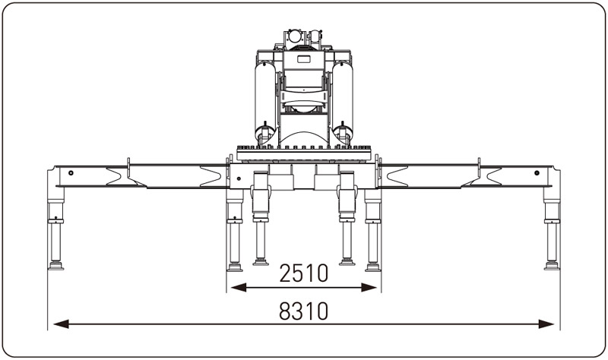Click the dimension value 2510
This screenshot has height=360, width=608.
click(303, 273)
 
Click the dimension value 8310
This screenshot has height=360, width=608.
click(303, 311)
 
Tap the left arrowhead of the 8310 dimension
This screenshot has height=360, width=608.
click(61, 324)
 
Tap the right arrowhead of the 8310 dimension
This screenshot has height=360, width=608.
click(546, 324)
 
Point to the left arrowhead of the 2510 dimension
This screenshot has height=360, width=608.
click(239, 287)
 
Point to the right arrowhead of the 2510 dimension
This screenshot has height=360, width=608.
click(369, 287)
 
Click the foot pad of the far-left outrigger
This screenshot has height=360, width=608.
click(55, 266)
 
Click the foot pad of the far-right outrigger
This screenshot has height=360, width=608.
click(552, 266)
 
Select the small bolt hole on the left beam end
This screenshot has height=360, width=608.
click(71, 172)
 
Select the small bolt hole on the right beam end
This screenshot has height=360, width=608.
click(537, 172)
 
